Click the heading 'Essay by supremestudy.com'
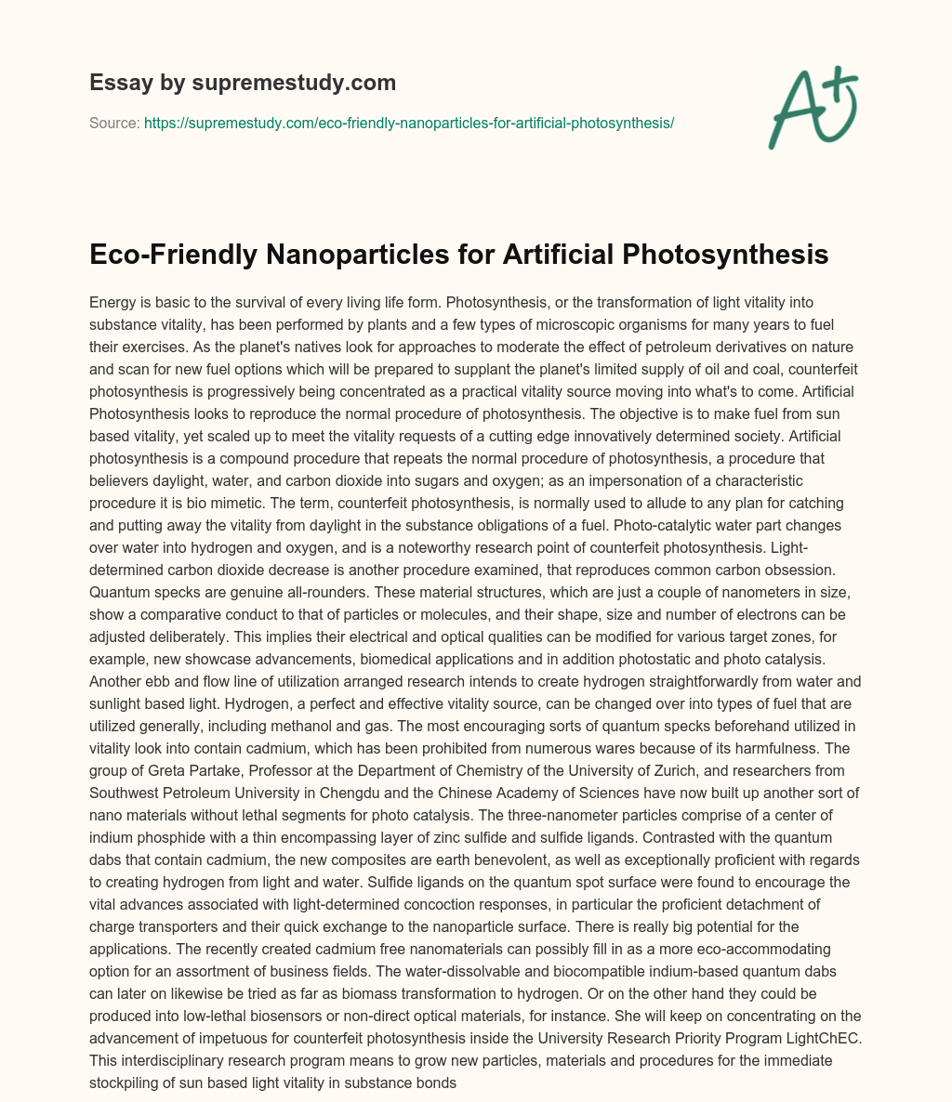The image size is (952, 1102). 243,83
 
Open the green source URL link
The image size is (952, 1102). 409,123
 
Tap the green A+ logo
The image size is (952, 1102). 812,106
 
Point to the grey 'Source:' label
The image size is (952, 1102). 114,123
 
